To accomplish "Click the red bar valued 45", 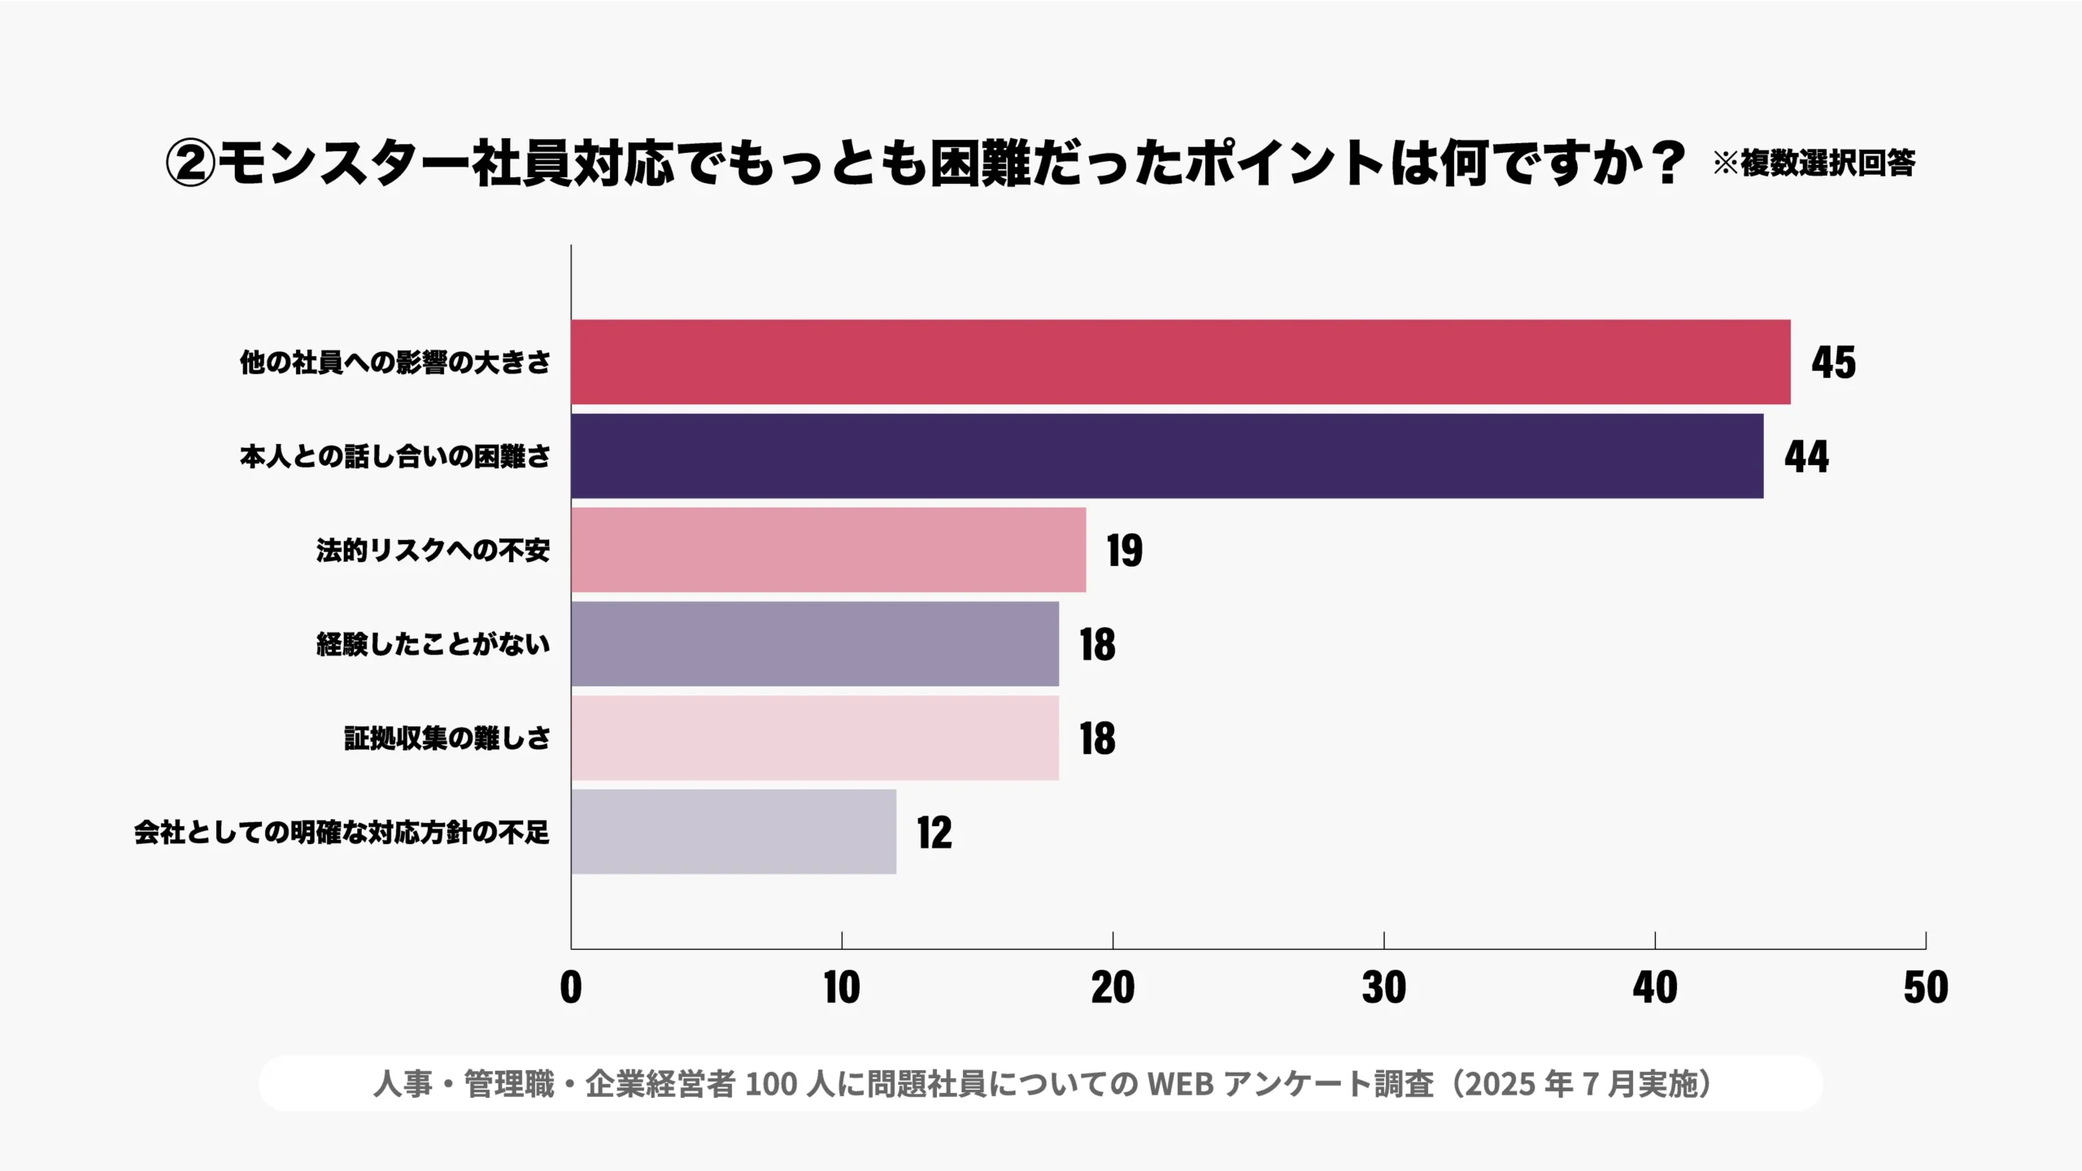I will point(1179,362).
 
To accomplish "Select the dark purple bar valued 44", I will point(1167,456).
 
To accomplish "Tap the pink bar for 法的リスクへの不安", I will point(828,550).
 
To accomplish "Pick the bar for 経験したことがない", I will point(814,644).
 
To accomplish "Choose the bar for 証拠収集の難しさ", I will point(814,738).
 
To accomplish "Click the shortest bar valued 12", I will point(733,832).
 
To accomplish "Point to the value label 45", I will point(1833,363).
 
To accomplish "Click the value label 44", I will point(1806,456).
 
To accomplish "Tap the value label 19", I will point(1124,551).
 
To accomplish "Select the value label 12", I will point(934,833).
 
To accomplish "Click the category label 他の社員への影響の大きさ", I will point(395,363).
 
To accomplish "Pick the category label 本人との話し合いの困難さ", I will point(395,456).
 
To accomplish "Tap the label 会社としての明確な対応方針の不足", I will point(342,833).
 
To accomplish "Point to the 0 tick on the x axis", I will point(571,987).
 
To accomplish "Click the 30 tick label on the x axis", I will point(1383,987).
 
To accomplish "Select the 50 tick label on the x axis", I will point(1925,987).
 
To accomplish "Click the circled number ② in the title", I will point(189,163).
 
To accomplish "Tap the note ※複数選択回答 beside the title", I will point(1814,163).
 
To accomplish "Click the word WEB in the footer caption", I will point(1180,1084).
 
